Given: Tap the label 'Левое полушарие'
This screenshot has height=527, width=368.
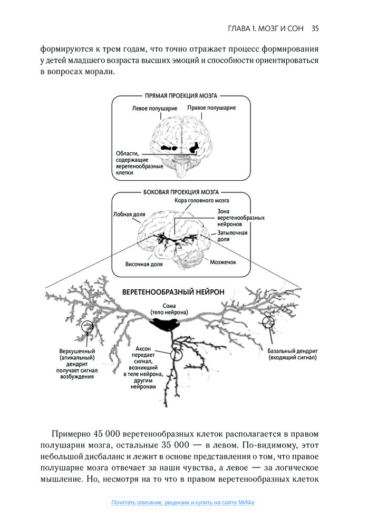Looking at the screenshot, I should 154,109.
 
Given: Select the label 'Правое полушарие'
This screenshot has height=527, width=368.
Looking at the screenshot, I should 211,108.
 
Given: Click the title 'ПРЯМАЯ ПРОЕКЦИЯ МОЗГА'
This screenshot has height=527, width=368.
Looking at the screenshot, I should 181,96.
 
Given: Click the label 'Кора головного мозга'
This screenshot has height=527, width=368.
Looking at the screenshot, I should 202,201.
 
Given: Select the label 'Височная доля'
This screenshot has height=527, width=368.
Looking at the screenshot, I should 143,265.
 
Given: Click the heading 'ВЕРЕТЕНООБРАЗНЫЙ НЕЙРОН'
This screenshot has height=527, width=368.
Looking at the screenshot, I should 173,291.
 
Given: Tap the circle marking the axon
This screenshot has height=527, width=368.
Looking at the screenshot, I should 176,354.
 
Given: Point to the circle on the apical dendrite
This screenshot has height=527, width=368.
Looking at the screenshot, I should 86,327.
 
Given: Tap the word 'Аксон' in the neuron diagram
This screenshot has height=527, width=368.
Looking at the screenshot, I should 144,349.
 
